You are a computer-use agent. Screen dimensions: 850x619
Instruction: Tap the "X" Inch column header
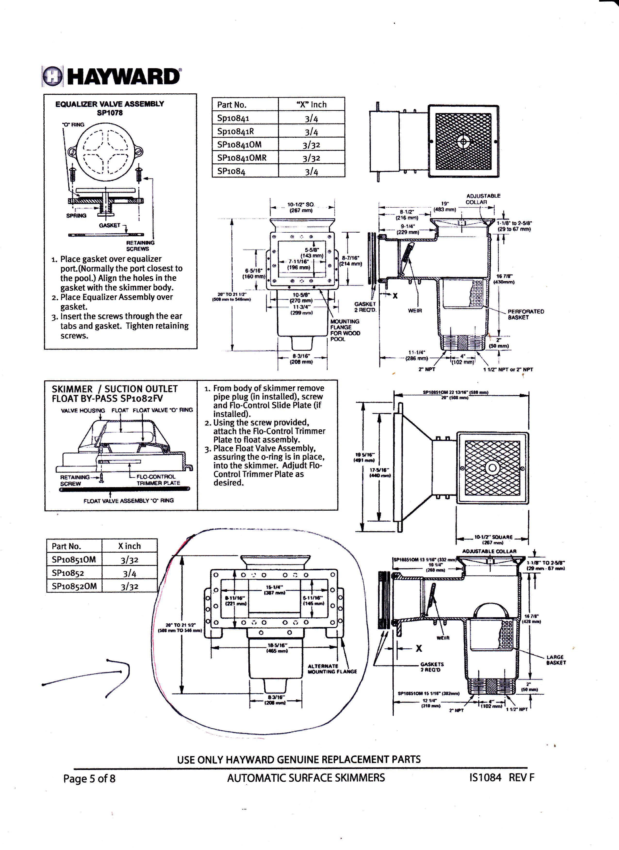pyautogui.click(x=311, y=105)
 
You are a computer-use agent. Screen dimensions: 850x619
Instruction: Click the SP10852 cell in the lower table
pyautogui.click(x=68, y=573)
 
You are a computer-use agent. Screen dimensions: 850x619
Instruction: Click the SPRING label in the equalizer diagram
pyautogui.click(x=76, y=215)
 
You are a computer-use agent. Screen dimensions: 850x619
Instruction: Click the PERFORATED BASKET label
pyautogui.click(x=525, y=314)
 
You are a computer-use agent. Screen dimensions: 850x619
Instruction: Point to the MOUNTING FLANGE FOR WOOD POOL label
pyautogui.click(x=345, y=330)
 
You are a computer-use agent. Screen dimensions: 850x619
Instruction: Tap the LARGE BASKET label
pyautogui.click(x=556, y=660)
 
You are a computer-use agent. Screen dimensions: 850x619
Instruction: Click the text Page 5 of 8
pyautogui.click(x=89, y=779)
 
